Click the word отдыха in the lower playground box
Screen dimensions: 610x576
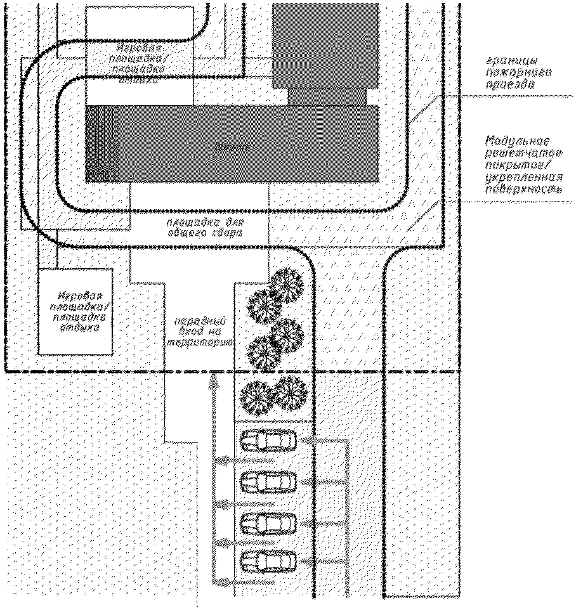pyautogui.click(x=78, y=329)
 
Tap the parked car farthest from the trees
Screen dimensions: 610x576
pyautogui.click(x=268, y=561)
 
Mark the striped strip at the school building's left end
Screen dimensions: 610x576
pyautogui.click(x=96, y=144)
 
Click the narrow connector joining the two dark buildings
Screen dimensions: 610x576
pyautogui.click(x=327, y=96)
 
